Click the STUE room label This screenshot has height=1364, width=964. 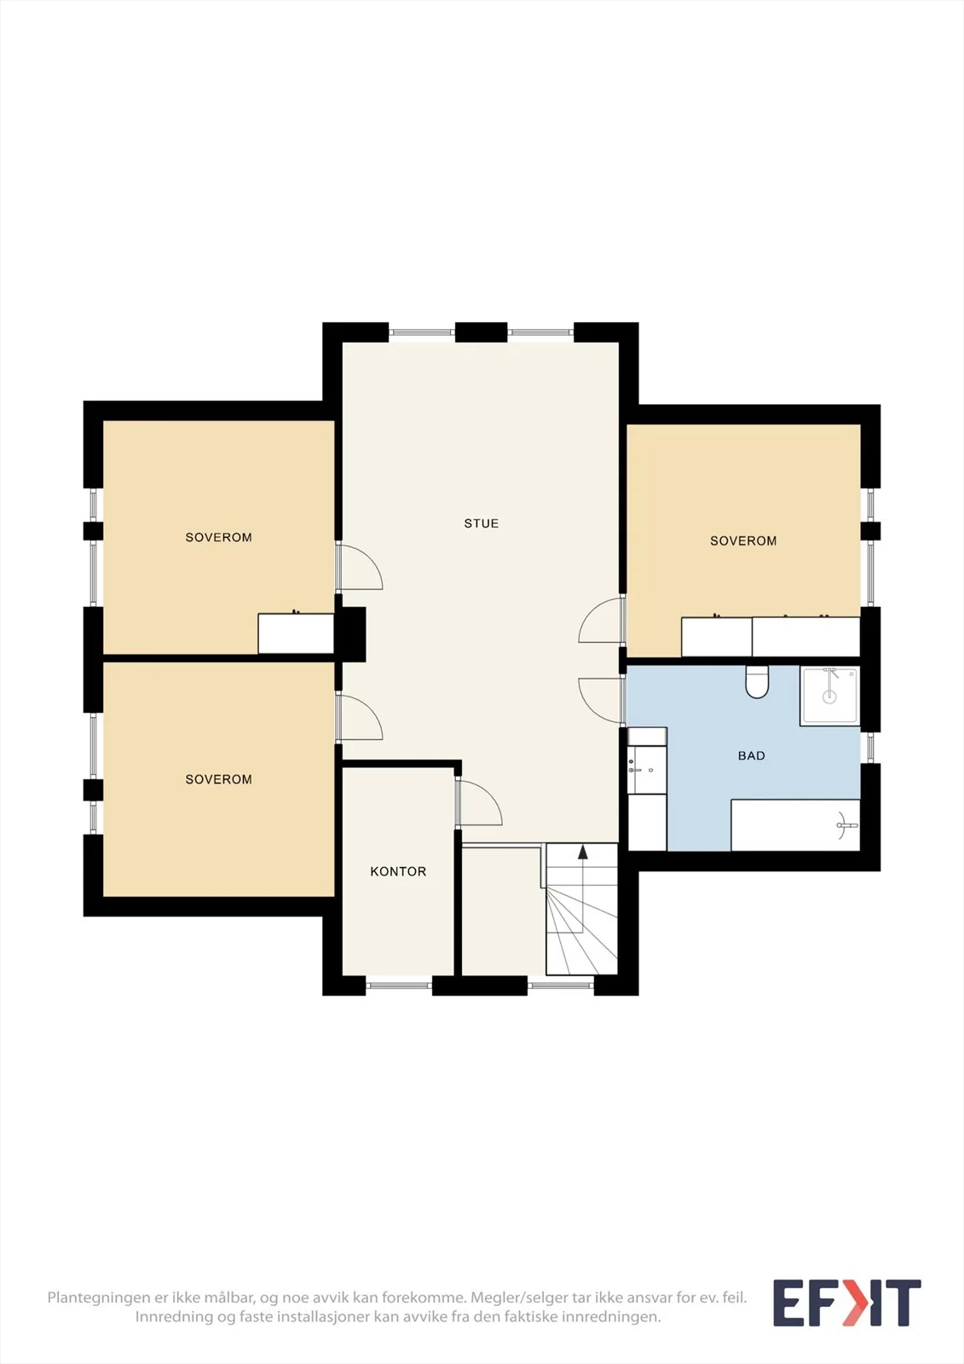(x=481, y=523)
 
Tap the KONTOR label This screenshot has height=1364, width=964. (x=398, y=871)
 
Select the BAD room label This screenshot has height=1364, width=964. (x=752, y=755)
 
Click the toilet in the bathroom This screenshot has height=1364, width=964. (x=757, y=682)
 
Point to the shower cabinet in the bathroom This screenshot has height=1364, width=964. (x=829, y=696)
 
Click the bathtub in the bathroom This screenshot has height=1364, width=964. (x=795, y=825)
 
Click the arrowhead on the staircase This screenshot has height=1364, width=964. (x=583, y=852)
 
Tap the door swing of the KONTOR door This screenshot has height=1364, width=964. (x=479, y=802)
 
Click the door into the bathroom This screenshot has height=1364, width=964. (x=601, y=700)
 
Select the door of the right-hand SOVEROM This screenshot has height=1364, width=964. (x=601, y=620)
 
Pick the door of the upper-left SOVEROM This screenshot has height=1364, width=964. (x=360, y=566)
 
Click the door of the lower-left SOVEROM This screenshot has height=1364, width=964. (x=360, y=718)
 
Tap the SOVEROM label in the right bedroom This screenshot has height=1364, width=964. (x=743, y=540)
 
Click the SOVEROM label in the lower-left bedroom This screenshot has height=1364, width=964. (x=218, y=779)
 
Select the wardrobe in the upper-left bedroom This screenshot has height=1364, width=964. (x=296, y=633)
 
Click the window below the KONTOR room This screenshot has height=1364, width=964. (x=399, y=985)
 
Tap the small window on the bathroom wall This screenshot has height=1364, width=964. (x=870, y=747)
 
